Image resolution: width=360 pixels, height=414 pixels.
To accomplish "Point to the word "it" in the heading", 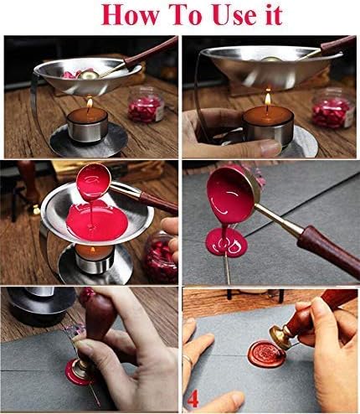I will (x=269, y=15).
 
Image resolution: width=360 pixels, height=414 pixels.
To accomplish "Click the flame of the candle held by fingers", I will (x=267, y=101).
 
